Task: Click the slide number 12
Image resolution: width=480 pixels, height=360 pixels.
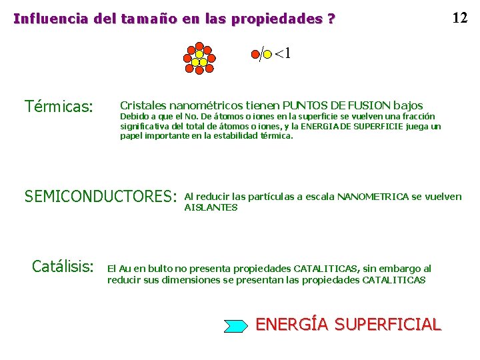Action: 459,17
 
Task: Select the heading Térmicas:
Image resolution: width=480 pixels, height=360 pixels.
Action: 59,106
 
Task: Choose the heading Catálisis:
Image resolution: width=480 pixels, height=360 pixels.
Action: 63,267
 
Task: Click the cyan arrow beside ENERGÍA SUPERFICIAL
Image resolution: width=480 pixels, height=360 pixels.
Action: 235,325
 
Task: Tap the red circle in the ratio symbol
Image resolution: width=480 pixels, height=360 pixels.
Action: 255,55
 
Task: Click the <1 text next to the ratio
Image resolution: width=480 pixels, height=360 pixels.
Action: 283,53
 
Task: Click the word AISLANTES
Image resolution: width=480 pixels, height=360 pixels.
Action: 210,207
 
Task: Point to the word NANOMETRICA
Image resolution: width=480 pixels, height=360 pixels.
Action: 373,196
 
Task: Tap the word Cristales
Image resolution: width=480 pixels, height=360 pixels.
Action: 143,105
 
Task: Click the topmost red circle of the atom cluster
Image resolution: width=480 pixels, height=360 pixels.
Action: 199,46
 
